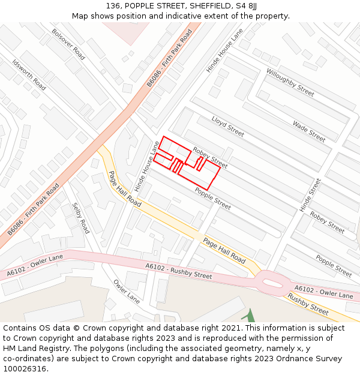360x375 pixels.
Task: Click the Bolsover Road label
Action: tap(68, 44)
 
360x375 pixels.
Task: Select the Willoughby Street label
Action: tap(290, 82)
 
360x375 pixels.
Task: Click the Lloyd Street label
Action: tap(227, 126)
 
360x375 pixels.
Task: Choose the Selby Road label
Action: tap(80, 218)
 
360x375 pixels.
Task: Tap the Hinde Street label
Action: tap(310, 194)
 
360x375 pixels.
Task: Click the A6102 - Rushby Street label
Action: tap(179, 271)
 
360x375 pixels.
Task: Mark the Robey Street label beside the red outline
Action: tap(210, 157)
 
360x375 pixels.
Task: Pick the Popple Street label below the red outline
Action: tap(212, 199)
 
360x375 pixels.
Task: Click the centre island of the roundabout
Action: tap(273, 280)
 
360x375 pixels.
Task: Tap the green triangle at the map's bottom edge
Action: tap(250, 316)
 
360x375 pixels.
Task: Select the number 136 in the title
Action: tap(113, 5)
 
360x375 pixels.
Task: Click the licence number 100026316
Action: tap(25, 369)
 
